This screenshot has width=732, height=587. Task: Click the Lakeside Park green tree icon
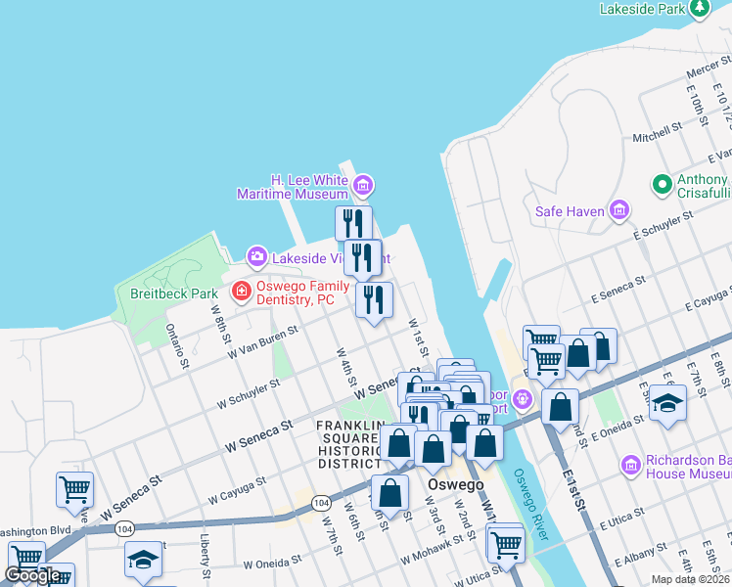699,9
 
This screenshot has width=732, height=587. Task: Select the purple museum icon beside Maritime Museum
363,183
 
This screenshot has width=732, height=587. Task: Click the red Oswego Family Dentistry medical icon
240,291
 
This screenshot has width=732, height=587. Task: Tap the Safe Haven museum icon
618,210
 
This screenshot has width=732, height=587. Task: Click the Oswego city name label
456,485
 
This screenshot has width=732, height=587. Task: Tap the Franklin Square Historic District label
348,444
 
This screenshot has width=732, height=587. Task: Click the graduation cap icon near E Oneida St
667,402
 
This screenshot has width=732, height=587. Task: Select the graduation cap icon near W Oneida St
143,561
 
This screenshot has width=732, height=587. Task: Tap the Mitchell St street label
657,133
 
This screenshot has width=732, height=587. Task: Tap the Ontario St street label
176,347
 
